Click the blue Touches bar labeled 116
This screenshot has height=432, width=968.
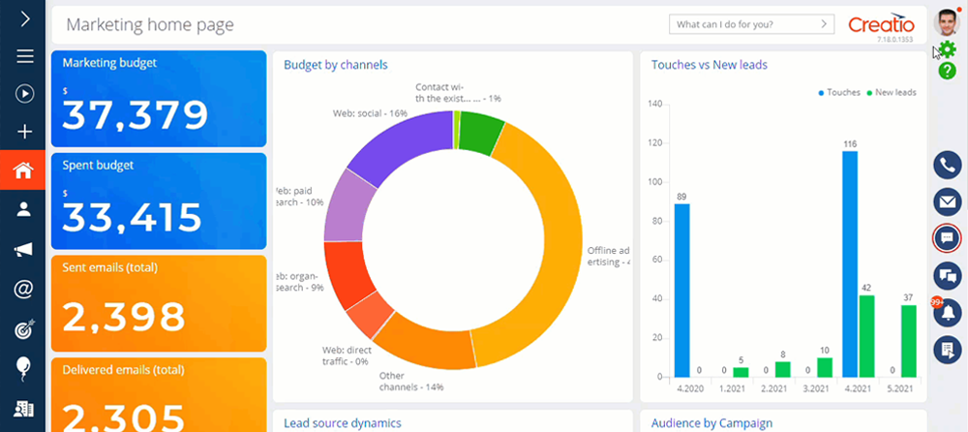(x=849, y=263)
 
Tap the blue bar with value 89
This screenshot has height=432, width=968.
(x=681, y=290)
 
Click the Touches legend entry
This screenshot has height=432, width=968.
(x=840, y=92)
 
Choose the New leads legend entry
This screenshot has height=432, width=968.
(x=891, y=92)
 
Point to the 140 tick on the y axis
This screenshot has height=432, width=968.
(x=654, y=105)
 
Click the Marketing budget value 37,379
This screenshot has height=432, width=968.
(x=136, y=115)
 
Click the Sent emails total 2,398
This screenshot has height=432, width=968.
(x=124, y=316)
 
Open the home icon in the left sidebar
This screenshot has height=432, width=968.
(x=23, y=170)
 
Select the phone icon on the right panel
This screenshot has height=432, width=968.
(x=946, y=165)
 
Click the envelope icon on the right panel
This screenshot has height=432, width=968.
(x=946, y=201)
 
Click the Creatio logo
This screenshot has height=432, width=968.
(x=880, y=24)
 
